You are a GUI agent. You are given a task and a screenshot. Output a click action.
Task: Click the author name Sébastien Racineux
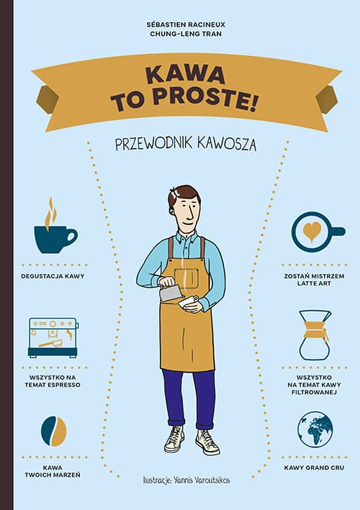coord(186,24)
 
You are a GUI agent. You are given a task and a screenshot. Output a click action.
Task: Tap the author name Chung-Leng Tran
coord(186,34)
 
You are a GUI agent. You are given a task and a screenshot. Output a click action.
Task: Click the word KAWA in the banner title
coord(185,75)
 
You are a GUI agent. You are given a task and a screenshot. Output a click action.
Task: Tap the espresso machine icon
coord(53,337)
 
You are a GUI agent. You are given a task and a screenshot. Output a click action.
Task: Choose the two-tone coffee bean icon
coord(54,431)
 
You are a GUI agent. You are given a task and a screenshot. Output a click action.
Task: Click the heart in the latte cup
coord(312,232)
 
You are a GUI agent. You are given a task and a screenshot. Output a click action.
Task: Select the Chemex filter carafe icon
coord(315,335)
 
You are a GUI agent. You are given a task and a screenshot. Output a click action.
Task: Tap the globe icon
coord(315,429)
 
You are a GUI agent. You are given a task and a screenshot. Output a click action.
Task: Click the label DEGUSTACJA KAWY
coord(53,276)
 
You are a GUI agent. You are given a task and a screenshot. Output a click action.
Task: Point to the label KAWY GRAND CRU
coord(314,468)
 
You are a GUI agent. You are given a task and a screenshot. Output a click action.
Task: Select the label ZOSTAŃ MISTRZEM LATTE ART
coord(314,280)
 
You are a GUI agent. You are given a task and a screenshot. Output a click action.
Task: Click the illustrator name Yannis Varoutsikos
coord(202,480)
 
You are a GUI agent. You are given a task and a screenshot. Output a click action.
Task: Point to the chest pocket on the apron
coord(186,278)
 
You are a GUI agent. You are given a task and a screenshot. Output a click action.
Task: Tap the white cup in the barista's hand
coord(189,303)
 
